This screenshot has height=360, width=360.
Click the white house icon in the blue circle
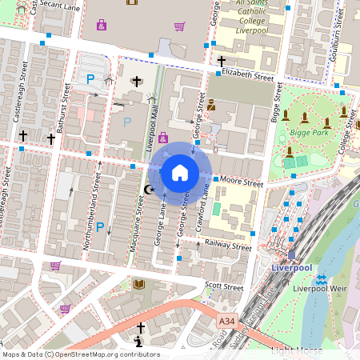pos(180,172)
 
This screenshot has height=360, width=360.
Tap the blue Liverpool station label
pos(290,267)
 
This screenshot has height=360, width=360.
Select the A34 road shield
pos(227,319)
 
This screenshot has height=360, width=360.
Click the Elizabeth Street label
pos(247,74)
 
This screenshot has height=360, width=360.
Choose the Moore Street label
pos(242,182)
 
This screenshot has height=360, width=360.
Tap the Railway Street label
pos(227,245)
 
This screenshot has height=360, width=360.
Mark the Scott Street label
pos(223,286)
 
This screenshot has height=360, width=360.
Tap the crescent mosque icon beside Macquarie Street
pos(149,190)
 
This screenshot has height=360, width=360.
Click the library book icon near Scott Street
pos(139,284)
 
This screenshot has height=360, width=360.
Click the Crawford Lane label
pos(206,202)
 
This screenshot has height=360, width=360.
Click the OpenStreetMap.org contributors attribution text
pos(107,354)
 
